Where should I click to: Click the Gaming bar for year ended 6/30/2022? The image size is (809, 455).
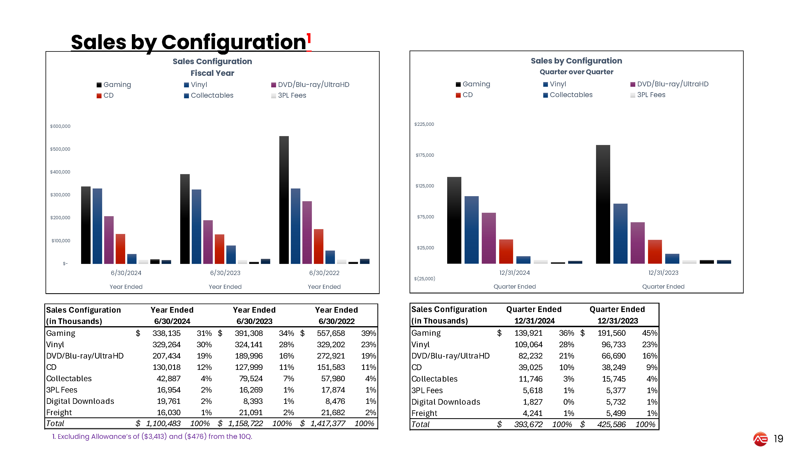coord(284,200)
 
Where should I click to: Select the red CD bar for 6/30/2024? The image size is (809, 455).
coord(120,249)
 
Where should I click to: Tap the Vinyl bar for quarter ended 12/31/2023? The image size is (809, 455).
coord(620,234)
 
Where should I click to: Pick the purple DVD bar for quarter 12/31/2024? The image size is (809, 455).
coord(489,238)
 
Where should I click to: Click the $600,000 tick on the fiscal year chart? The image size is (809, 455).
coord(60,126)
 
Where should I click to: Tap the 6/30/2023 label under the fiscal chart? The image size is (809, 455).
coord(225,273)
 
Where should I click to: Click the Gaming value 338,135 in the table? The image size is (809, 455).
coord(166,333)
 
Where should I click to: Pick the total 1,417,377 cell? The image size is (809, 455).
coord(328,424)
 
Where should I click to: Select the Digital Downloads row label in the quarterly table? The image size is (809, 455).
coord(446,402)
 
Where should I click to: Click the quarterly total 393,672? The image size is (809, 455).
coord(528,424)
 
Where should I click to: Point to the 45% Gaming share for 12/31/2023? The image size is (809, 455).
coord(650,333)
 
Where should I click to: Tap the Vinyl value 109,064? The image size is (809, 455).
coord(528,344)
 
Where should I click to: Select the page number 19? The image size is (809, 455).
coord(778,439)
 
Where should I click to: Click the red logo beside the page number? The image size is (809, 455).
coord(760,439)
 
